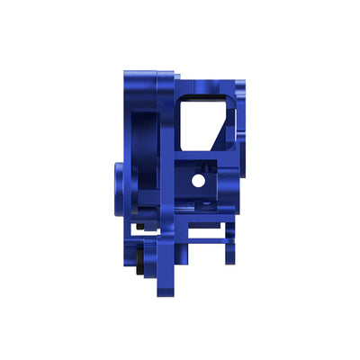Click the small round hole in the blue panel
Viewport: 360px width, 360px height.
coord(197,180)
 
